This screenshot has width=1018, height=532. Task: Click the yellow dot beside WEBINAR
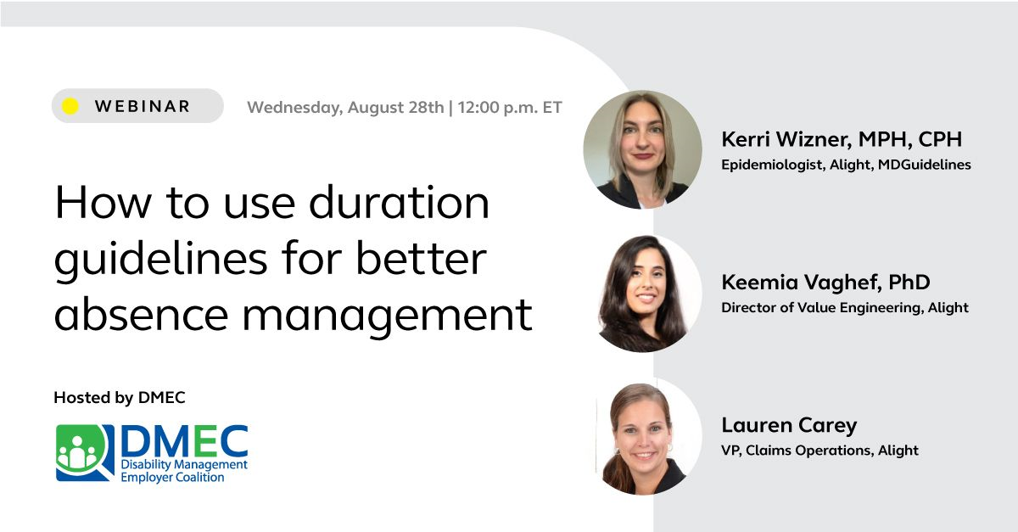(70, 106)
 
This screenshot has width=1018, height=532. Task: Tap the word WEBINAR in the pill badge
(143, 106)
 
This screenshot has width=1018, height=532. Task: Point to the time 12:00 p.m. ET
(509, 108)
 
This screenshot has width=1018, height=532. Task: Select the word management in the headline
(388, 316)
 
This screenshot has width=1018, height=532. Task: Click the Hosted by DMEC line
(119, 397)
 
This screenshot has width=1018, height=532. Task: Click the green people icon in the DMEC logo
(83, 451)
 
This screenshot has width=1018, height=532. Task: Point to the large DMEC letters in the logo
(184, 440)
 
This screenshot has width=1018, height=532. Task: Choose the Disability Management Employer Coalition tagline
(183, 471)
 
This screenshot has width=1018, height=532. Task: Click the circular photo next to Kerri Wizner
(642, 149)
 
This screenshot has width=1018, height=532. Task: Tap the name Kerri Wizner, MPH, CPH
(842, 139)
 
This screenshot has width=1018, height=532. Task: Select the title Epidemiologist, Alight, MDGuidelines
(846, 165)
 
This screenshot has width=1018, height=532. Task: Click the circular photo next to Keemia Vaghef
(642, 293)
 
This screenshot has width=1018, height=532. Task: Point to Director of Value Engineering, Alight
(844, 308)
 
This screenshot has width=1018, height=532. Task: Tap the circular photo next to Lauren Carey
(642, 436)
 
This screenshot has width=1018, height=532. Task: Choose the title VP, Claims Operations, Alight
(819, 451)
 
